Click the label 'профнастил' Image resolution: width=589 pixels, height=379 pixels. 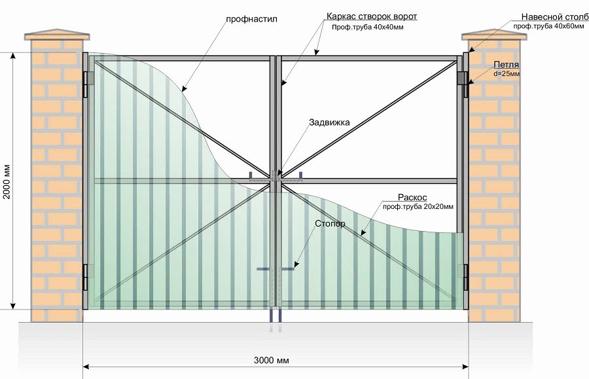coord(253,19)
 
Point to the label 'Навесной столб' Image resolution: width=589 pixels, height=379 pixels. coord(550,16)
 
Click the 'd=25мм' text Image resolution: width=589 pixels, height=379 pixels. coord(507,74)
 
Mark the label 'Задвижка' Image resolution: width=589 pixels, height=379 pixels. coord(330,122)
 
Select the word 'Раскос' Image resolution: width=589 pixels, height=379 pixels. coord(412,197)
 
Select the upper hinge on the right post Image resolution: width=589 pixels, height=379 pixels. coord(465,79)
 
